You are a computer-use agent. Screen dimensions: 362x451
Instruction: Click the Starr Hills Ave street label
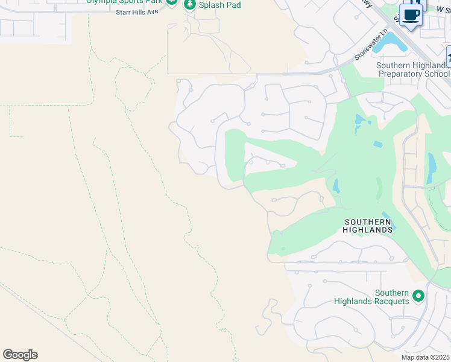(140, 11)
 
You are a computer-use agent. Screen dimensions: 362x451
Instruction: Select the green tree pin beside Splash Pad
(190, 4)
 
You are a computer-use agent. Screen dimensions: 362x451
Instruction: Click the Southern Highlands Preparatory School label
(413, 69)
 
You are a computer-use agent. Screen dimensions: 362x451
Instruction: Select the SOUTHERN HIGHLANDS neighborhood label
(367, 226)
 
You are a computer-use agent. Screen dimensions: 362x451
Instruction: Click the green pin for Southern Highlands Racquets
(418, 296)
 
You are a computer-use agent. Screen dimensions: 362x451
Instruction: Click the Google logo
(20, 354)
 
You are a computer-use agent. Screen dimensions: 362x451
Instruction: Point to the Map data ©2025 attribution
(425, 357)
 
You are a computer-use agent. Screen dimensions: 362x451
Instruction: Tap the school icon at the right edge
(449, 57)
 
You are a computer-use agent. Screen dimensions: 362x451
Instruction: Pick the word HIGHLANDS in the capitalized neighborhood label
(367, 230)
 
